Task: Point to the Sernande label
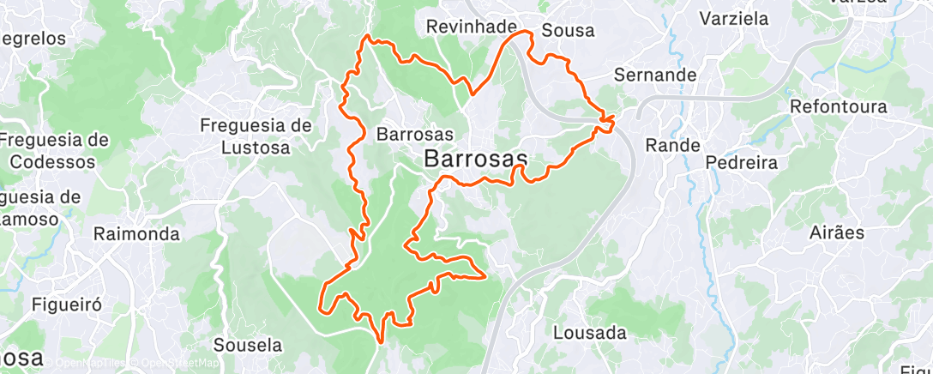point(655,75)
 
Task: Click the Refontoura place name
point(838,107)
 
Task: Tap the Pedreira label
point(741,162)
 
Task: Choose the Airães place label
point(836,232)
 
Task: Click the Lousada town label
point(589,332)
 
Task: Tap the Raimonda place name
point(136,234)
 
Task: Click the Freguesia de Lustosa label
point(256,135)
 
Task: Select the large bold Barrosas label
point(475,159)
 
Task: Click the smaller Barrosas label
point(415,134)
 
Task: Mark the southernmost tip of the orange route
point(380,341)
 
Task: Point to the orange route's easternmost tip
point(615,117)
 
